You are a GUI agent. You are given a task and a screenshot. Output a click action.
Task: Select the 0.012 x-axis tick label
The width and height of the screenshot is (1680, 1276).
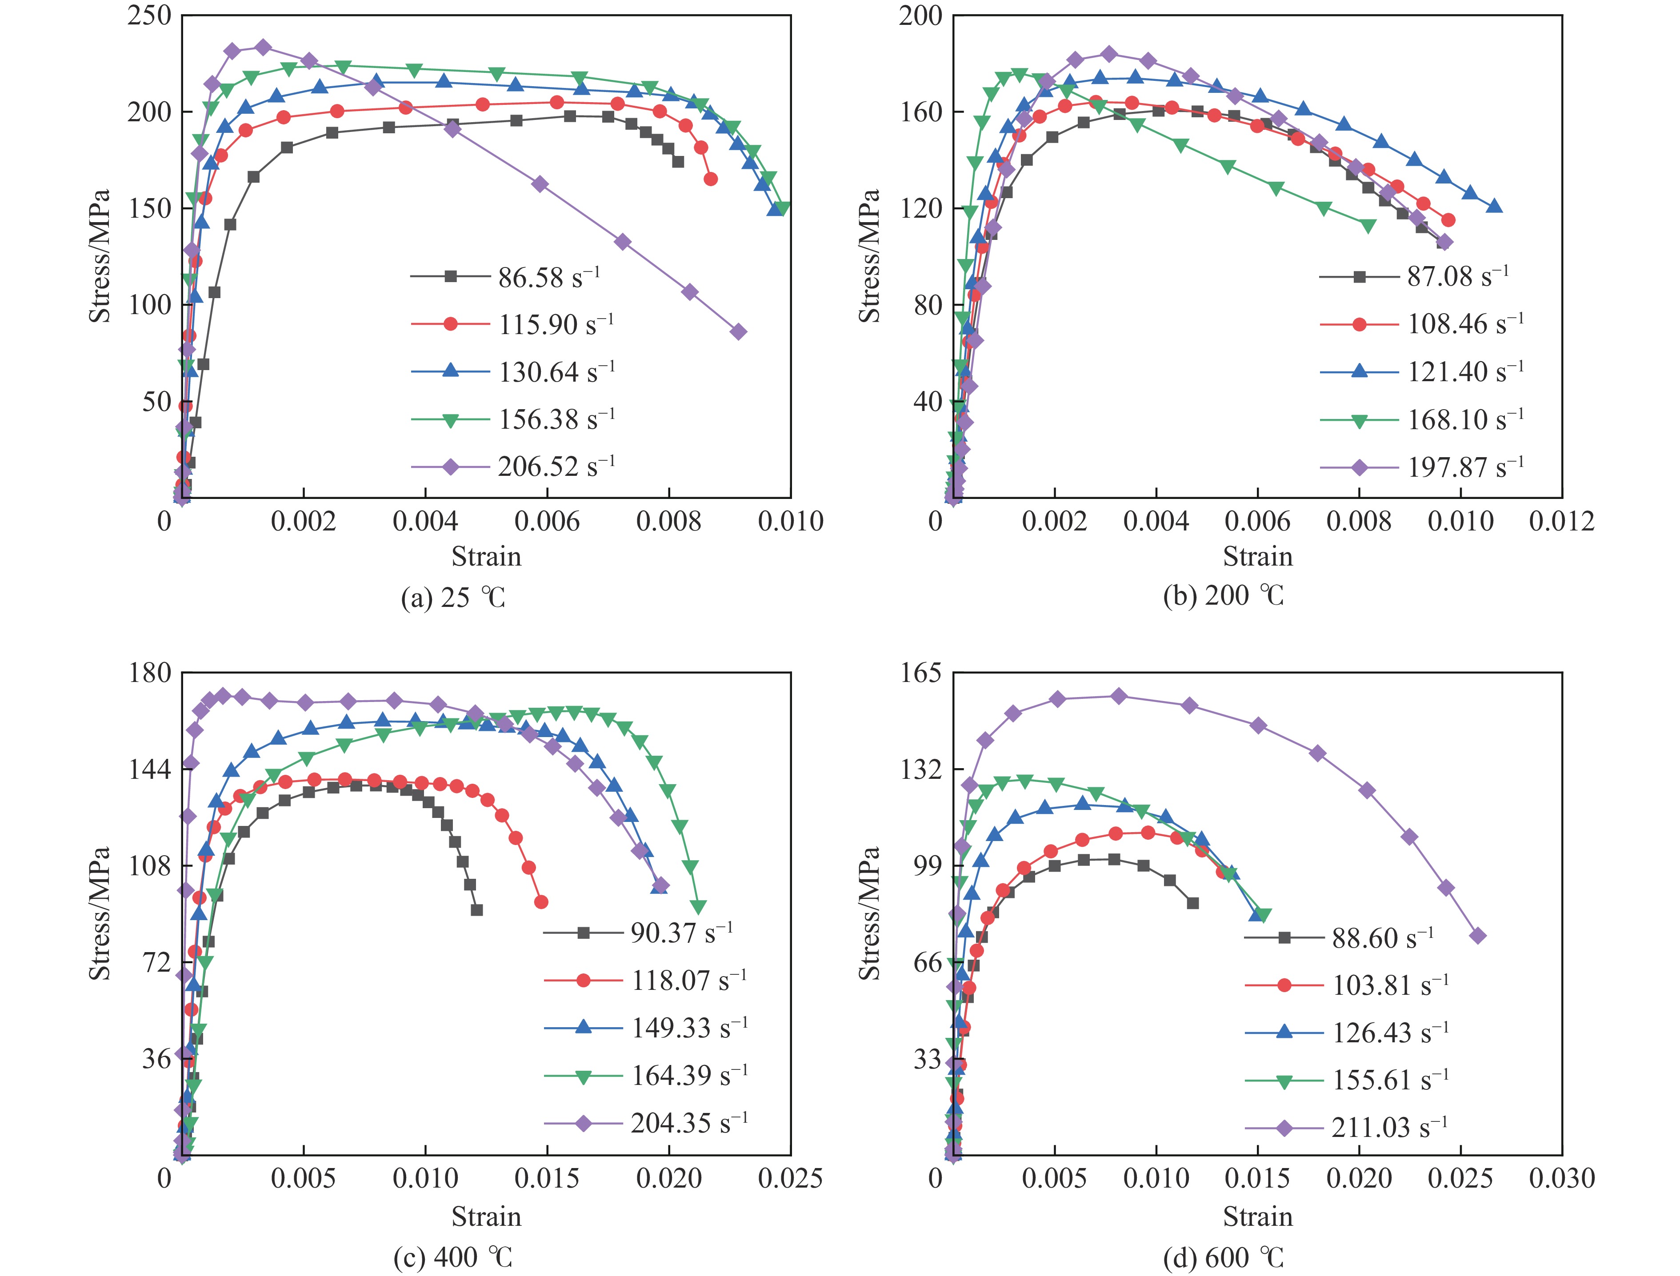(1561, 521)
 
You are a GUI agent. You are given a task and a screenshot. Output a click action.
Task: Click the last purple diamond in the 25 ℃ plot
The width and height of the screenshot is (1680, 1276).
(738, 332)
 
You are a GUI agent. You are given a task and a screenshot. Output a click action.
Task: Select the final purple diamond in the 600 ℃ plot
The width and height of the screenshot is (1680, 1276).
(1478, 936)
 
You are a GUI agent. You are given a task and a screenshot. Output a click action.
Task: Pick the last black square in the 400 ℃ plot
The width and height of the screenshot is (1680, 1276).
(476, 910)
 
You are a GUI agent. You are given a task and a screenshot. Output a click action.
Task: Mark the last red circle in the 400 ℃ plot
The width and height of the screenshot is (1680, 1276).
(541, 902)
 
